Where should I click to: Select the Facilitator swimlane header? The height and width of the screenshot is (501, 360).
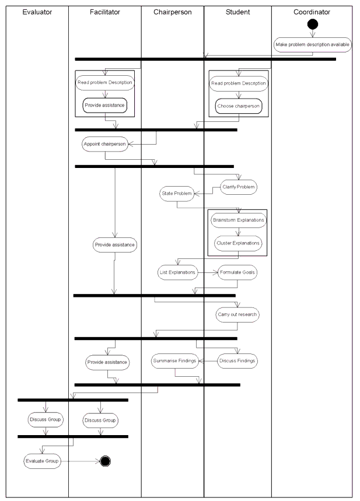pos(105,12)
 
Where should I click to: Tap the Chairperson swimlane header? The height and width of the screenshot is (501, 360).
pos(172,12)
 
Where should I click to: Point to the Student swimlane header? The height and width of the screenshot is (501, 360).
pos(237,12)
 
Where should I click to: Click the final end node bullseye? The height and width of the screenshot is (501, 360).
pos(106,461)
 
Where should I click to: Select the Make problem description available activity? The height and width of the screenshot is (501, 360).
pos(313,45)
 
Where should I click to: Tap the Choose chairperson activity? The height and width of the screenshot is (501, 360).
pos(238,107)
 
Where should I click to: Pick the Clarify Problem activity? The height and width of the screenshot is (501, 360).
pos(238,187)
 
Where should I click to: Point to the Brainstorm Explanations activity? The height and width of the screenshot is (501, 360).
pos(238,220)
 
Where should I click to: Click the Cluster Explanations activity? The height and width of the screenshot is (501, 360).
pos(238,243)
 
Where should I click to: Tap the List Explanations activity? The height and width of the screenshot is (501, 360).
pos(177,272)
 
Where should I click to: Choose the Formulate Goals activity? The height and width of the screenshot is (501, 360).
pos(238,272)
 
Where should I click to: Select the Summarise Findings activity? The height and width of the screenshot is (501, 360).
pos(175,362)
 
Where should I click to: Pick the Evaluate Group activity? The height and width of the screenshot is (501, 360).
pos(43,461)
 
